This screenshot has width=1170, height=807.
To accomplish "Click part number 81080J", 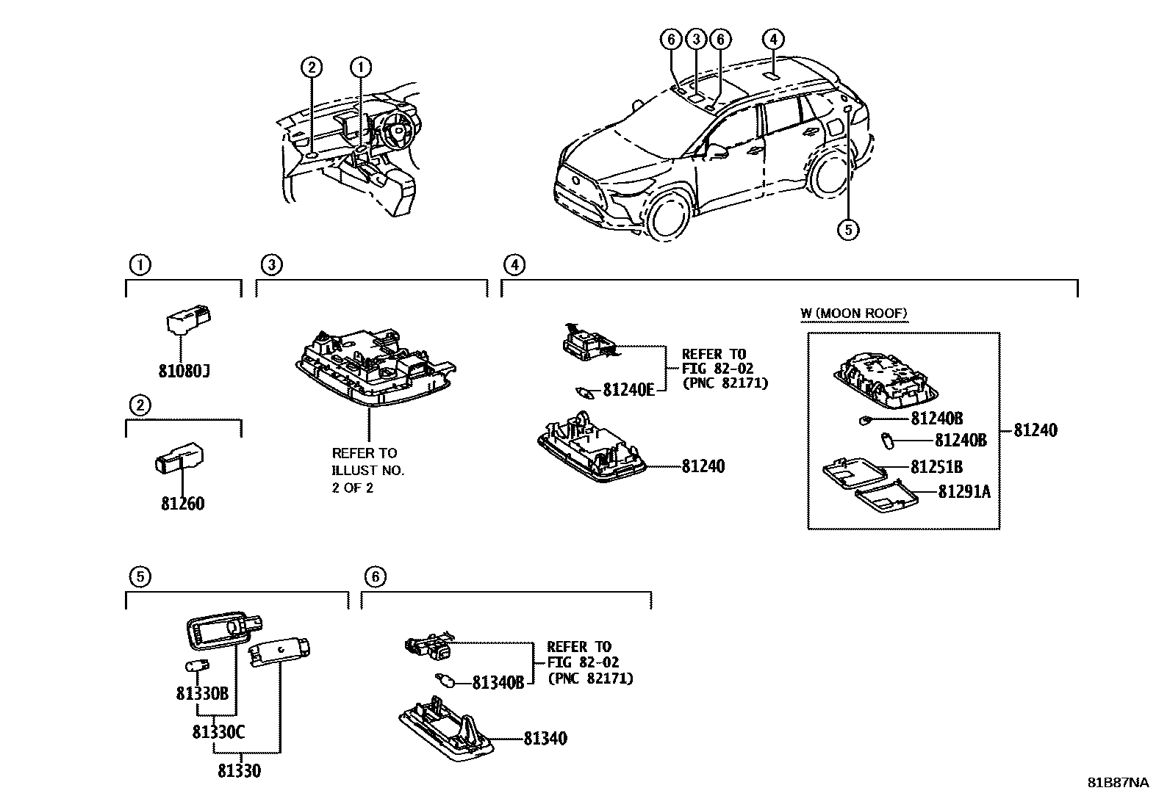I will (184, 371).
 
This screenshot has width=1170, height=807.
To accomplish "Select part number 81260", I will (183, 504).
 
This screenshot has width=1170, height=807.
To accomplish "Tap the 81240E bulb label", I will (628, 391).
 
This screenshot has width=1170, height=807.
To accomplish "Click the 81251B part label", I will (936, 467).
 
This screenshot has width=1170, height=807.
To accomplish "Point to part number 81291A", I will (963, 492).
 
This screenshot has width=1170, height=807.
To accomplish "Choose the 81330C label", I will (219, 732).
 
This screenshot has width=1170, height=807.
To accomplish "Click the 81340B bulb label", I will (498, 683).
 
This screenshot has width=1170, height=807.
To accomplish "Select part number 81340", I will (545, 739).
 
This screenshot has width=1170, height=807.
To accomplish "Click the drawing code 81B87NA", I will (1117, 783).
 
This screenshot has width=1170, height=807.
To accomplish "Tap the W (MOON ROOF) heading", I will (854, 314).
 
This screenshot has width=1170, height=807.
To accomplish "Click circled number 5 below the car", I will (847, 229).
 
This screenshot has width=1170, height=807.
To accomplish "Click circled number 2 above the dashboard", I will (311, 68).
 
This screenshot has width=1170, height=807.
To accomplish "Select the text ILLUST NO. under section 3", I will (367, 470).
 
